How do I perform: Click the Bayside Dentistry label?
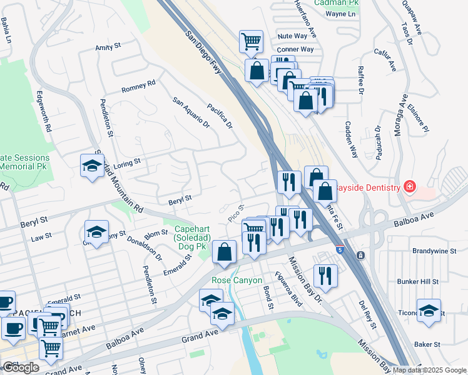click(x=368, y=187)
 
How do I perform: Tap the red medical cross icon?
click(x=410, y=187)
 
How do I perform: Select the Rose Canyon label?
click(x=237, y=281)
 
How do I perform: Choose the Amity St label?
click(x=107, y=47)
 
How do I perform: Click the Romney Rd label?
click(x=138, y=87)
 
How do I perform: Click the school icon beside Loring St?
click(x=92, y=166)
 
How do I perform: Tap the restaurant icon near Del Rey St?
click(x=325, y=276)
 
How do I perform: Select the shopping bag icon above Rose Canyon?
click(x=224, y=252)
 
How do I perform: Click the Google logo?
click(x=21, y=367)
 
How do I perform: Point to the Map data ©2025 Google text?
click(x=429, y=370)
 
